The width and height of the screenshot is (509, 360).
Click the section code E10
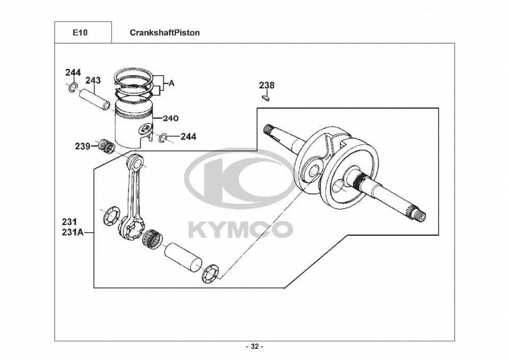tap(80, 33)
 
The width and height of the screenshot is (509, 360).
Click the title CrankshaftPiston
tap(164, 33)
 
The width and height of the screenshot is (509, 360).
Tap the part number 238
tap(266, 85)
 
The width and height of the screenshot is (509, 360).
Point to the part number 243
tap(93, 80)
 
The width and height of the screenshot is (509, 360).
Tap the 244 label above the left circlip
tap(73, 72)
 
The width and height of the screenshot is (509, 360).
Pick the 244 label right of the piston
tap(188, 136)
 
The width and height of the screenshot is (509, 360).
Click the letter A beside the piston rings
tap(172, 82)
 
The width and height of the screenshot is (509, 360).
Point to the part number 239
tap(82, 147)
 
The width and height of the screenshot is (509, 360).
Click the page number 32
tap(254, 347)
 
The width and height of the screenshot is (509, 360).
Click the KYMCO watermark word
tap(240, 229)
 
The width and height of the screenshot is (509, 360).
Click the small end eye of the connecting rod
tap(136, 162)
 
